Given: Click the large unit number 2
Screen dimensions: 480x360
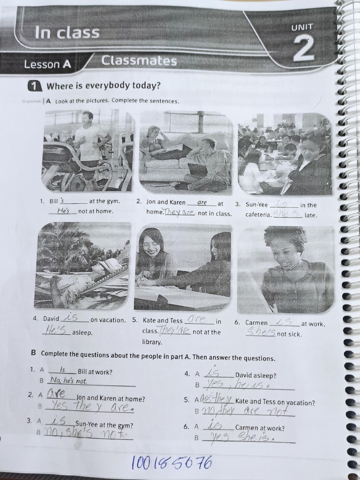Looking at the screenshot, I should pyautogui.click(x=303, y=49).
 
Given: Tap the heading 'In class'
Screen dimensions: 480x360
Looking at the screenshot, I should pyautogui.click(x=67, y=32).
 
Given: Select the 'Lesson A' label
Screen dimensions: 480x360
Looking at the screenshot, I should pyautogui.click(x=47, y=65).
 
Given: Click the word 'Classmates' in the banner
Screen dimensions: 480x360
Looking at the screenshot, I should pyautogui.click(x=139, y=61).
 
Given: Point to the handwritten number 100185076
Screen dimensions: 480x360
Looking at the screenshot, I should pyautogui.click(x=172, y=463).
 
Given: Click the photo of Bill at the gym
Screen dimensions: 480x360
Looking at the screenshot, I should pyautogui.click(x=89, y=150).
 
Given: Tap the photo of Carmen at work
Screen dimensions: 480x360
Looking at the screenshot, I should pyautogui.click(x=285, y=270).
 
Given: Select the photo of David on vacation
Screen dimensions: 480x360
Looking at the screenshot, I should pyautogui.click(x=83, y=265).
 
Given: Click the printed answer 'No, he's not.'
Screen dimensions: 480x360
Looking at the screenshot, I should pyautogui.click(x=69, y=381).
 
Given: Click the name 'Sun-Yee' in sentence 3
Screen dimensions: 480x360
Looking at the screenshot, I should pyautogui.click(x=257, y=205).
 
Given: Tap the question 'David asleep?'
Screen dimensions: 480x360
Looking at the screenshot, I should pyautogui.click(x=255, y=375).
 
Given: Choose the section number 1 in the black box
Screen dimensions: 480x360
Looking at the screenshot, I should pyautogui.click(x=34, y=86).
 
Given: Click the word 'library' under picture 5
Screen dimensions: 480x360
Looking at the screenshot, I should pyautogui.click(x=152, y=342).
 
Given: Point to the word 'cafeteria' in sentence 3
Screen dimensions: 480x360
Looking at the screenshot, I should pyautogui.click(x=258, y=215).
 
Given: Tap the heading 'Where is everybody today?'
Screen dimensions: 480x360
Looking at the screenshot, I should pyautogui.click(x=103, y=86).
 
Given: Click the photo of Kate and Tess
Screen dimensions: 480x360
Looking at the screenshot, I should pyautogui.click(x=183, y=267).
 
